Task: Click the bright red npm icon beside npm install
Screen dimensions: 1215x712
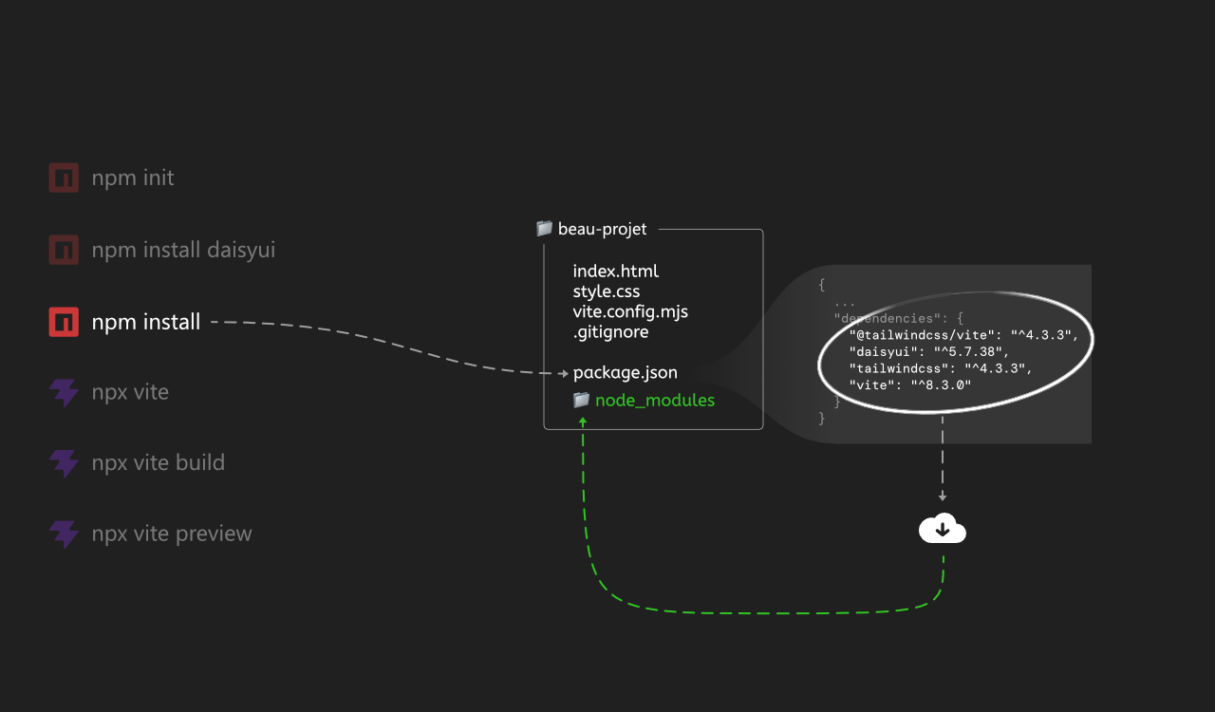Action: coord(64,322)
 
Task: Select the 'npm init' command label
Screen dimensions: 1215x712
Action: coord(133,178)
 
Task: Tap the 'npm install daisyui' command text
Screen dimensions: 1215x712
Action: coord(183,251)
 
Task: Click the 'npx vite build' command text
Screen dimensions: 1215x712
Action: coord(158,463)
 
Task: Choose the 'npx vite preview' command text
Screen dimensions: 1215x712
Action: coord(172,534)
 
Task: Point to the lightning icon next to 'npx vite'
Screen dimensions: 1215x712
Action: coord(64,392)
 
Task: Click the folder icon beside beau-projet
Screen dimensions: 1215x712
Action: coord(544,229)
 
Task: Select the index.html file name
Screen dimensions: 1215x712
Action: coord(616,271)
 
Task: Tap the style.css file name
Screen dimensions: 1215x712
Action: coord(607,291)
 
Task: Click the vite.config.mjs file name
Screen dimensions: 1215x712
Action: coord(630,312)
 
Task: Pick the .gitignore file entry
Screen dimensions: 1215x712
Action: coord(610,332)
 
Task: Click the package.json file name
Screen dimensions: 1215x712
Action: coord(625,373)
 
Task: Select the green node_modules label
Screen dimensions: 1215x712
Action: coord(655,401)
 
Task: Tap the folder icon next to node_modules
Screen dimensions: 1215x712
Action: coord(582,400)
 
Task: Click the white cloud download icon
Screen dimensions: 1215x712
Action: coord(943,528)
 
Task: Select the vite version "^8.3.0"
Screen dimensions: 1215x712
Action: coord(941,385)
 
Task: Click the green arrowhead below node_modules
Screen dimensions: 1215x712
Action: coord(583,421)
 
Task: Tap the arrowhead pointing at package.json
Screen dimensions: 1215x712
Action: coord(564,373)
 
